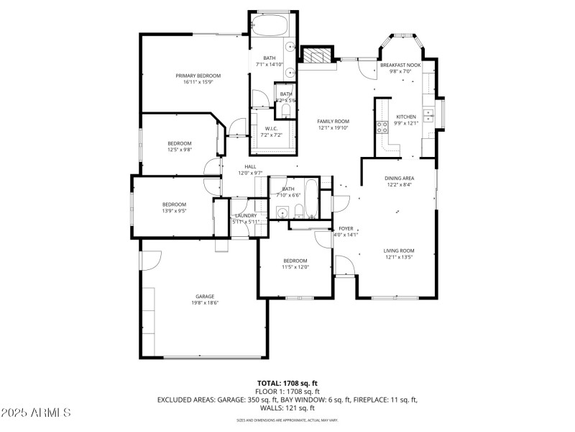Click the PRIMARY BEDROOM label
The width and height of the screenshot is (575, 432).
coord(198,76)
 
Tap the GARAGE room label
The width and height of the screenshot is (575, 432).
coord(206,296)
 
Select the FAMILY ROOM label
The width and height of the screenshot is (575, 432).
coord(333,121)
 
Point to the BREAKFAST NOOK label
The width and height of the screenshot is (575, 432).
coord(400,65)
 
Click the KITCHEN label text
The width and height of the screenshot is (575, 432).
coord(406,117)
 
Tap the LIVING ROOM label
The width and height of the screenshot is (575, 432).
coord(400,251)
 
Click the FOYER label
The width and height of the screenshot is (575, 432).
coord(346,228)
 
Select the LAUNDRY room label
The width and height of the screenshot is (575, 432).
coord(245,215)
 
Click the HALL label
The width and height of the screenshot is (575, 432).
coord(250,166)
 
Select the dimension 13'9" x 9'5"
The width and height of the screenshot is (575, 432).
coord(174,211)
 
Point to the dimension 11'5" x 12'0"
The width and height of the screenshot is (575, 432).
coord(295,267)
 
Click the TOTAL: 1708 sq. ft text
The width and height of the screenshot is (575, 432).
coord(287,383)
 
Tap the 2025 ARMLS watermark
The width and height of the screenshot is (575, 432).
coord(36,413)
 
